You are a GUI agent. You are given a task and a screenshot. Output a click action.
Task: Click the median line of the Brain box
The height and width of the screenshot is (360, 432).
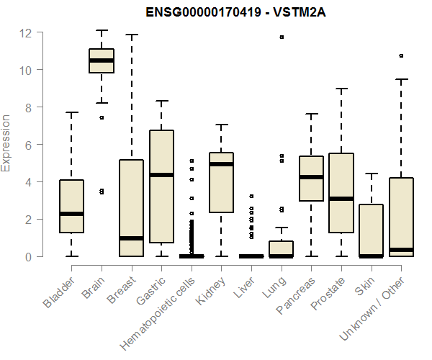(102, 60)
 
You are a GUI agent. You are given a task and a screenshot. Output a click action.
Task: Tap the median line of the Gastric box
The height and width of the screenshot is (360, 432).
(161, 175)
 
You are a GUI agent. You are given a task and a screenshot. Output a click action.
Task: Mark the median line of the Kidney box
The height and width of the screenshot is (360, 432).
(221, 164)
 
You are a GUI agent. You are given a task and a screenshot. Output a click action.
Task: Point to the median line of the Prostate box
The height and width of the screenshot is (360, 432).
(341, 199)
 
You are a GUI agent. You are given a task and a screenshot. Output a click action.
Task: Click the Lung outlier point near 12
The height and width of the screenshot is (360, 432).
(282, 37)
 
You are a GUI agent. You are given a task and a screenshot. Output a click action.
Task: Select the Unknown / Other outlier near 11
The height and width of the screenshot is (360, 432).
(401, 55)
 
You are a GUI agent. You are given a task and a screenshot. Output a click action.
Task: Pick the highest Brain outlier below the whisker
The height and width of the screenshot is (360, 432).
(102, 117)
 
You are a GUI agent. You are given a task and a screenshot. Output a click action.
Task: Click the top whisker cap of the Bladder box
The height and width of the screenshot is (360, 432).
(71, 112)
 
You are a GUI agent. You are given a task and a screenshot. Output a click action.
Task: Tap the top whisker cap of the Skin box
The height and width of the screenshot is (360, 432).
(372, 174)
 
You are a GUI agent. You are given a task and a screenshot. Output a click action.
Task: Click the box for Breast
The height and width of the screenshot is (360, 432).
(131, 208)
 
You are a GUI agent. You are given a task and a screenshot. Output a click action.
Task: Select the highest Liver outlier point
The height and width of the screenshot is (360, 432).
(251, 196)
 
